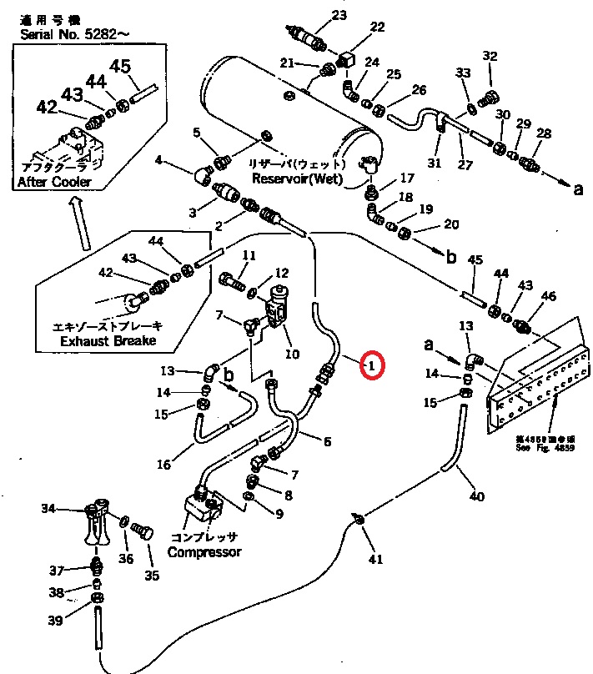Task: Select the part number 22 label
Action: [377, 28]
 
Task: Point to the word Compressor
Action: [204, 551]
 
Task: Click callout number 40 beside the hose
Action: [476, 497]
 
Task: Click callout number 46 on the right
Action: [548, 296]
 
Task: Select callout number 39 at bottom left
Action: [55, 621]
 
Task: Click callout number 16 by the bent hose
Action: [163, 465]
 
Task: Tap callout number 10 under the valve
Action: [292, 354]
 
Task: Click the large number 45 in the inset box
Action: [120, 66]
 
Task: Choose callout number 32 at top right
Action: [490, 57]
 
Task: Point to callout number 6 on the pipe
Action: [327, 441]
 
